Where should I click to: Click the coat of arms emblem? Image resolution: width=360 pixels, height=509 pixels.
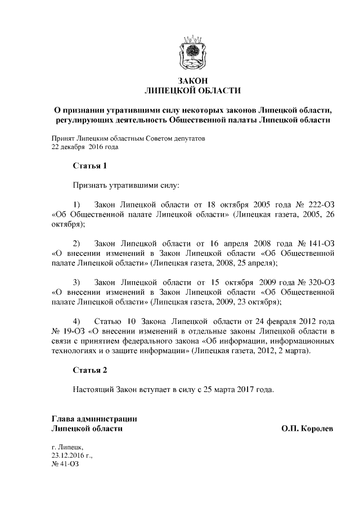192,52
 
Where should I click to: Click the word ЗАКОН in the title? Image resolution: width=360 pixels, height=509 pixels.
193,80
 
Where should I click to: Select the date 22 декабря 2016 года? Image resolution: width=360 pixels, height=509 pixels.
84,147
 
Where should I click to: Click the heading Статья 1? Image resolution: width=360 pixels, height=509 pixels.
90,166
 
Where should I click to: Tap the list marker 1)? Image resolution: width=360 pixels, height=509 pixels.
78,203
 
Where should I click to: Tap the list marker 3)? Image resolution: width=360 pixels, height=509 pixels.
78,282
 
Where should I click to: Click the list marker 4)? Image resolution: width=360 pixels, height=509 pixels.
78,322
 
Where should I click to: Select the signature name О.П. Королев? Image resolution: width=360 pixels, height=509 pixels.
307,429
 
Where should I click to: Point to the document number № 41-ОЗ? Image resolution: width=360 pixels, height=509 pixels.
64,466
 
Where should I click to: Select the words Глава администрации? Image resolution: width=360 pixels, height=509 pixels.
94,418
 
